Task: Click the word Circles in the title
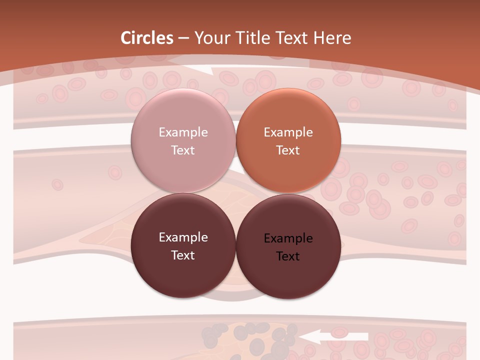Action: point(146,38)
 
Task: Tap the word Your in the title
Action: point(209,38)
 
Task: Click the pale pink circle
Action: point(183,141)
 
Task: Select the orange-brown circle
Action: point(288,141)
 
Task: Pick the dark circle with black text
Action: point(288,246)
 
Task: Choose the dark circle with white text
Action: point(183,246)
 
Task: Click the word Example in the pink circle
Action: point(183,132)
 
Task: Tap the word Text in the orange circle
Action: point(288,150)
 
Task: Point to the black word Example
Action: point(288,238)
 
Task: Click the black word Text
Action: point(288,256)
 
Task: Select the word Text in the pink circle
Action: point(183,150)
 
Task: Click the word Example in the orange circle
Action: point(288,132)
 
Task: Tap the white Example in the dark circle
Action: point(183,237)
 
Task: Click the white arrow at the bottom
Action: point(334,337)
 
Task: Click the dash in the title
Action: point(183,38)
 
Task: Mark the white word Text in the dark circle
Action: point(183,255)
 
